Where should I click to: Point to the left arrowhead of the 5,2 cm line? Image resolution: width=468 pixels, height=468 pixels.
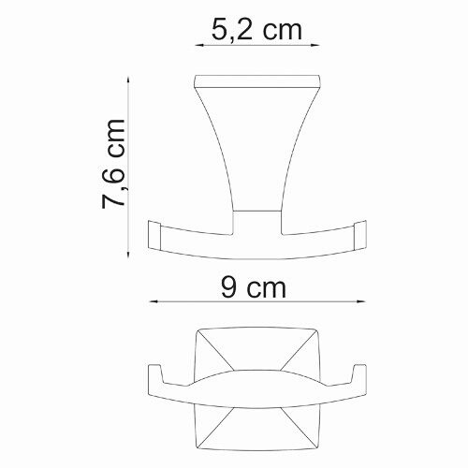point(197,44)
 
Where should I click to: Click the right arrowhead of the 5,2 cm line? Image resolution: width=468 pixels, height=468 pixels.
point(316,44)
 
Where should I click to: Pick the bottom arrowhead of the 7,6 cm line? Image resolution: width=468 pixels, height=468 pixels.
point(127,252)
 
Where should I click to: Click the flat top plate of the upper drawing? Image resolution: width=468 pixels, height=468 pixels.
point(256,80)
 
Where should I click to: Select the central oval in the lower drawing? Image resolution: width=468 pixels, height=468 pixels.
point(256,387)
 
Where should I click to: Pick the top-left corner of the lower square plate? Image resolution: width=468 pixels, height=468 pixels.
point(197,330)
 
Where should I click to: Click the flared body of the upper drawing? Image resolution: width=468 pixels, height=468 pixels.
point(256,150)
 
